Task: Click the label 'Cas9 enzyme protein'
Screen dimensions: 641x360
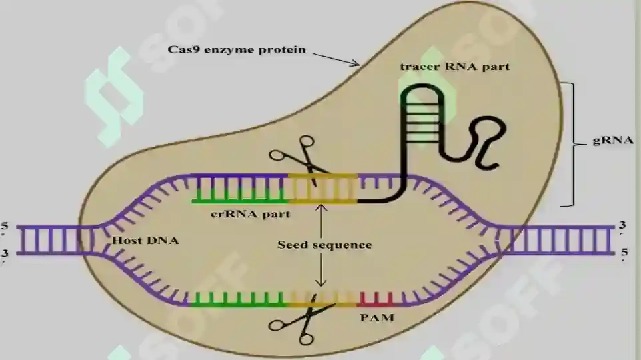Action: tap(237, 50)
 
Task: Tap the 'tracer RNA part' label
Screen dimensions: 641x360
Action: tap(455, 67)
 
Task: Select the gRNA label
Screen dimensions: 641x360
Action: tap(613, 140)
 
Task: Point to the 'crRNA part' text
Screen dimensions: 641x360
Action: tap(251, 214)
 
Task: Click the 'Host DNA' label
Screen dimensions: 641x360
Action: tap(145, 240)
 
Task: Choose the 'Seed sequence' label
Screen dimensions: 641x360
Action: tap(325, 245)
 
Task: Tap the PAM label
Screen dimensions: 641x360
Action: tap(377, 317)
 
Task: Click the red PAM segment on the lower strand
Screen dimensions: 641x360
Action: tap(377, 301)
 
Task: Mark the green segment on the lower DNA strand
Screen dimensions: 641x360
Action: tap(239, 300)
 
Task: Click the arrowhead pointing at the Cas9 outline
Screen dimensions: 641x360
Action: tap(355, 63)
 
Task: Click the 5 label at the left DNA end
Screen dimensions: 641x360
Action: tap(5, 228)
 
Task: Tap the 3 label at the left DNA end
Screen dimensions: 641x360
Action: tap(5, 255)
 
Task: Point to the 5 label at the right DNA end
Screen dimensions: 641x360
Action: tap(624, 254)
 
